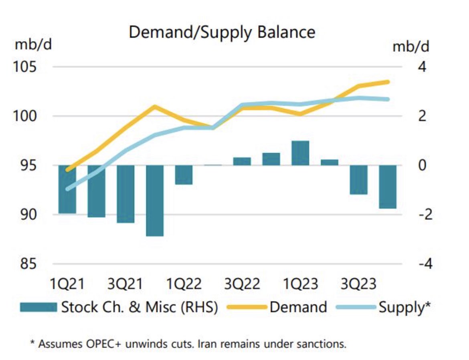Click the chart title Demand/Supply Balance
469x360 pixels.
coord(222,32)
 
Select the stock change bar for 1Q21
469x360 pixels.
coord(67,189)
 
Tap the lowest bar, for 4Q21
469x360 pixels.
coord(155,200)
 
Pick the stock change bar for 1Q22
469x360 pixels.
coord(184,175)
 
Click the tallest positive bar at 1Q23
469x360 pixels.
coord(300,153)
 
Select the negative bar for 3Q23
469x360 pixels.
coord(358,179)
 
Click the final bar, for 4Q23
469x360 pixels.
coord(388,187)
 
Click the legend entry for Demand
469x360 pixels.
coord(298,307)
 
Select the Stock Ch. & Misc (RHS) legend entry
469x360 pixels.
coord(139,307)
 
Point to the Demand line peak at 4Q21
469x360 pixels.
coord(155,106)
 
